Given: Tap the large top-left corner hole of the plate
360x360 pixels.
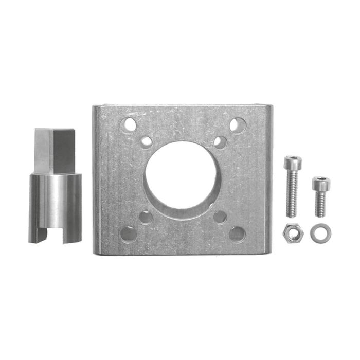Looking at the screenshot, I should click(128, 125).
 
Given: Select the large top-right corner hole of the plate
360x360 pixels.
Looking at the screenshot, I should click(237, 125).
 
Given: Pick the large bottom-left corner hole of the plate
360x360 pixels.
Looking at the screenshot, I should click(128, 234).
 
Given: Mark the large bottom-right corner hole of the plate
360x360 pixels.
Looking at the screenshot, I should click(237, 234).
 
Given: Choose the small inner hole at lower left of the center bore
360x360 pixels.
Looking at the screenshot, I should click(146, 217).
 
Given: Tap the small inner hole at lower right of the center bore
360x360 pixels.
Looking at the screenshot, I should click(220, 217).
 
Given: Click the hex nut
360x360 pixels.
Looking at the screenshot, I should click(293, 233).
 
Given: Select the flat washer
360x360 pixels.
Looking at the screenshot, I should click(321, 233).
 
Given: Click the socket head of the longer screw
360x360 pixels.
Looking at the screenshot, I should click(293, 164).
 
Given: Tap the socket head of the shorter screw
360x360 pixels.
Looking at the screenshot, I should click(320, 183).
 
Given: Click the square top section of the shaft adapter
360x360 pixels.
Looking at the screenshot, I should click(55, 150).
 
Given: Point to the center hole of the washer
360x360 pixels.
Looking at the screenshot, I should click(321, 233).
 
